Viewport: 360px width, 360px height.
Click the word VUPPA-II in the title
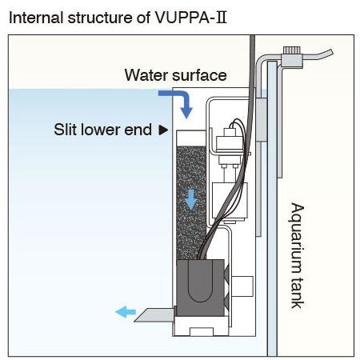(x=190, y=18)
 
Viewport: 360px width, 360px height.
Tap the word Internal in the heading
(x=36, y=18)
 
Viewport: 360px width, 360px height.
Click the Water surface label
(x=175, y=75)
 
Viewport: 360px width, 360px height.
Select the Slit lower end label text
(x=102, y=130)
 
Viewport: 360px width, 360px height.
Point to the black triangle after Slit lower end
(x=163, y=130)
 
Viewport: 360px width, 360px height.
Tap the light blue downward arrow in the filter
(x=191, y=199)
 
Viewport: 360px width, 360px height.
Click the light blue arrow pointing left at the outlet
(x=126, y=312)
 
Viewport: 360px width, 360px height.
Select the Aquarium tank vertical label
(x=297, y=255)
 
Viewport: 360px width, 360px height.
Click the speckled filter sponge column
(x=191, y=202)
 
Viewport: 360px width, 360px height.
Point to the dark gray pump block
(x=200, y=288)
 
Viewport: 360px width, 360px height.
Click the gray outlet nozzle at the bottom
(x=155, y=315)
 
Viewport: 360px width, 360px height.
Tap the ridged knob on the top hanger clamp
(x=292, y=50)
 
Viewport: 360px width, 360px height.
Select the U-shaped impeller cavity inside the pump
(x=201, y=282)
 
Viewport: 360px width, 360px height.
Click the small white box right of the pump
(x=242, y=286)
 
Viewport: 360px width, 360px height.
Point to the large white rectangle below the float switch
(x=230, y=201)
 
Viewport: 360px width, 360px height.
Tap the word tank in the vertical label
(x=297, y=293)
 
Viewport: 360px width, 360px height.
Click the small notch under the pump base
(x=202, y=331)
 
